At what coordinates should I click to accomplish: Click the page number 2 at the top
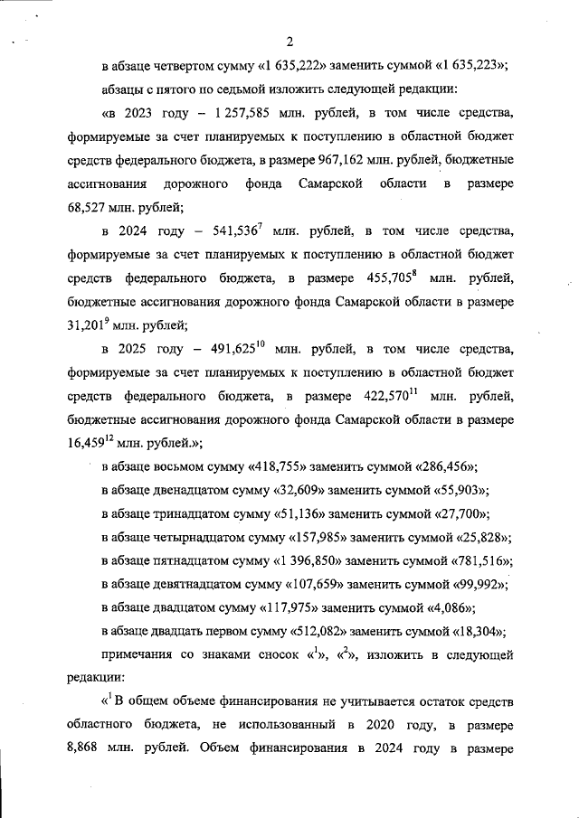pos(289,41)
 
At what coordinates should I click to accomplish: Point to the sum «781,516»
pos(479,560)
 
